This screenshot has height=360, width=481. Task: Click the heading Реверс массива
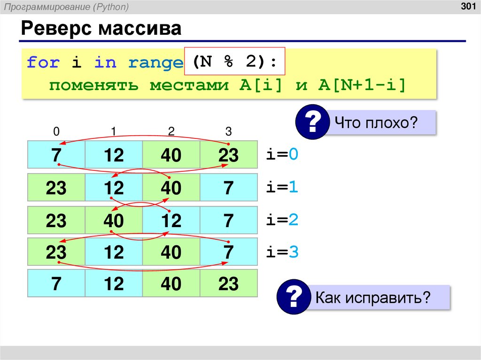coord(101,29)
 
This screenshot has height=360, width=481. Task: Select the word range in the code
coord(155,62)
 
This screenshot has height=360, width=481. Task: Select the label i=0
coord(282,154)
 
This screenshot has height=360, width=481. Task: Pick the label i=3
coord(282,252)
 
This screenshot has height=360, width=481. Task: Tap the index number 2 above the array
coord(171,132)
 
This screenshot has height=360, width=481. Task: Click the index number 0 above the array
coord(56,132)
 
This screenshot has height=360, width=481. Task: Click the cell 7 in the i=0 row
coord(56,155)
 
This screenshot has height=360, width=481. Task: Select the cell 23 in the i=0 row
coord(228,155)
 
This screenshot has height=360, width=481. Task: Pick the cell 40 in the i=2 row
coord(114,221)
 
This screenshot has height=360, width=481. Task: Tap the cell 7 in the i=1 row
coord(228,188)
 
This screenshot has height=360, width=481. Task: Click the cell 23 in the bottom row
coord(228,284)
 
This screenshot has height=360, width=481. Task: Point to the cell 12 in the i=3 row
coord(114,253)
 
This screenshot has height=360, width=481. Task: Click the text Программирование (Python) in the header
coord(74,7)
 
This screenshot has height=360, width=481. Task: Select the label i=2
coord(282,220)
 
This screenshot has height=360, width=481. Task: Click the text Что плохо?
coord(376,123)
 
